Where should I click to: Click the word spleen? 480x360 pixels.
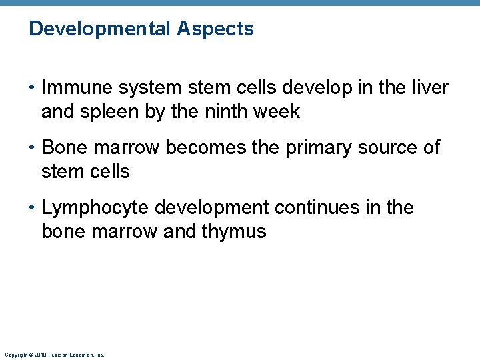116,112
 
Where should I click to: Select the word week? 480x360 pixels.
278,112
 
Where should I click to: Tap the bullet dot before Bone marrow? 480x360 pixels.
32,148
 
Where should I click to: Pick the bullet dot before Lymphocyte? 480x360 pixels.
32,208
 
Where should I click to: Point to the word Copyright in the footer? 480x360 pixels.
14,355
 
